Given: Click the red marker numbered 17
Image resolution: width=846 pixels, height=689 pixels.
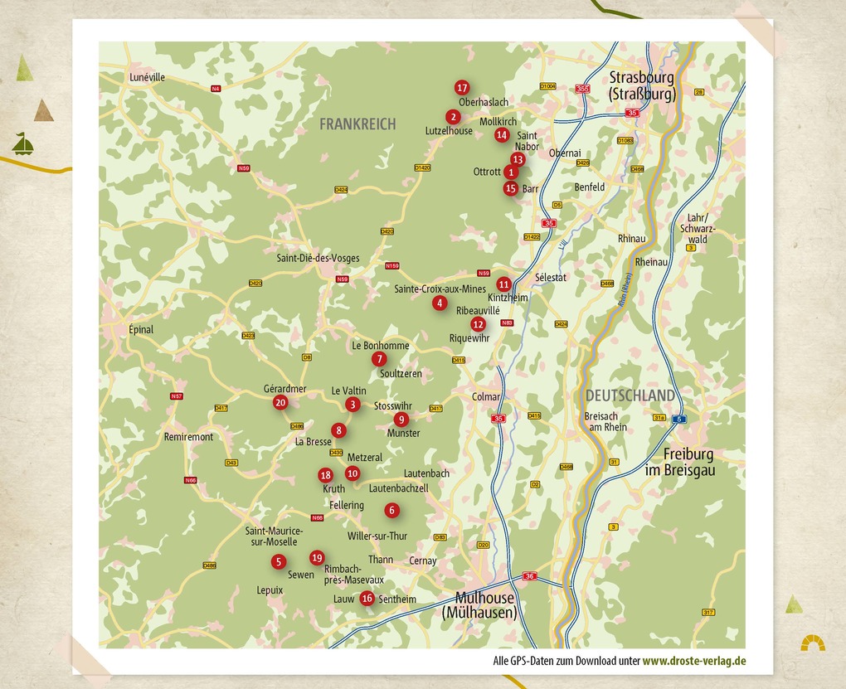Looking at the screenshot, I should click(462, 88).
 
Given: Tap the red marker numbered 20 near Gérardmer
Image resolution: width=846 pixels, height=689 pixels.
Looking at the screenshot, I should click(280, 403).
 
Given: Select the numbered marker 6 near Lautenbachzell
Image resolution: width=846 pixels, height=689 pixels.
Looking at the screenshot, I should click(391, 511).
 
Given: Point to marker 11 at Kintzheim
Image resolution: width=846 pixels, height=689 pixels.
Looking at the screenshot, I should click(503, 284).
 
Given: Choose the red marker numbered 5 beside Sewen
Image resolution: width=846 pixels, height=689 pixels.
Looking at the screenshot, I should click(278, 562).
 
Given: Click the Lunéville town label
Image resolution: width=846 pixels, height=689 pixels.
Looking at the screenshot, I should click(148, 77).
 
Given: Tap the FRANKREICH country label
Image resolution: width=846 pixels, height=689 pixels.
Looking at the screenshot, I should click(357, 124).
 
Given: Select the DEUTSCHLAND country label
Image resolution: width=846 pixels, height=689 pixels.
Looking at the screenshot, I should click(630, 395).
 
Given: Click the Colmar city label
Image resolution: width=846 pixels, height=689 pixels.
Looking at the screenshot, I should click(486, 397).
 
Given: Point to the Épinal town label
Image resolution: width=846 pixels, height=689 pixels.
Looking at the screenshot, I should click(141, 329).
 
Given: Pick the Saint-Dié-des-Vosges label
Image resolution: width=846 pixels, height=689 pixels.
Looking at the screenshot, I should click(318, 258).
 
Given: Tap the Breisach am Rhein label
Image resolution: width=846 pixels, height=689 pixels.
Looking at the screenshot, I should click(605, 421).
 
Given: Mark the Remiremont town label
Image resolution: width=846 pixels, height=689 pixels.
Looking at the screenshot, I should click(188, 437).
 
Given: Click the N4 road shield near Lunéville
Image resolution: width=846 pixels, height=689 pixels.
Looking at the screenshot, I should click(216, 89).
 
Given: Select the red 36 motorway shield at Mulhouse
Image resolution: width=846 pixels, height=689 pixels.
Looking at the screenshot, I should click(530, 576).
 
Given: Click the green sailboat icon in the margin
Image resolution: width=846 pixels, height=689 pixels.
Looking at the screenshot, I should click(23, 143).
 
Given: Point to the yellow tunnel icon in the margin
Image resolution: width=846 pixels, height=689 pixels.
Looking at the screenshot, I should click(812, 643).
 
